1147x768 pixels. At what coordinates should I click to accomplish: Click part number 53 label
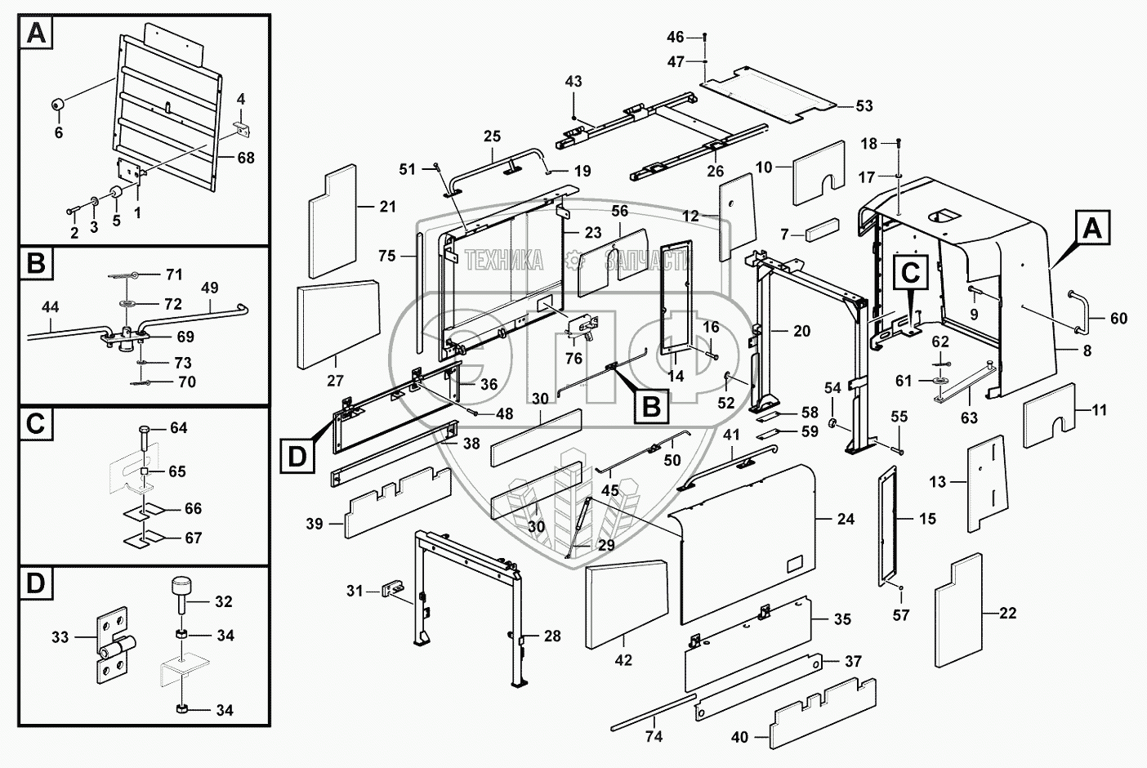(864, 105)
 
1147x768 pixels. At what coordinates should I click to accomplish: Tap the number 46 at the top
(676, 37)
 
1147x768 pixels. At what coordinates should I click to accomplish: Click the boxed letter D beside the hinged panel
(297, 455)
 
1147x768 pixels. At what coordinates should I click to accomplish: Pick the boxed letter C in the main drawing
(912, 271)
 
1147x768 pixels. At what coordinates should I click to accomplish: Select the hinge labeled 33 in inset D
(112, 644)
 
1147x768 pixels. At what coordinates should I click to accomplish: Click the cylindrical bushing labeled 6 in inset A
(60, 105)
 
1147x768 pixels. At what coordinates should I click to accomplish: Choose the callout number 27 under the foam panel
(335, 380)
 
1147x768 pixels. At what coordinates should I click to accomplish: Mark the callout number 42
(623, 660)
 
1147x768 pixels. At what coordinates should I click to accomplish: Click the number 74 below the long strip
(654, 736)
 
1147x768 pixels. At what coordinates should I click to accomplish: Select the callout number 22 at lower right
(1008, 614)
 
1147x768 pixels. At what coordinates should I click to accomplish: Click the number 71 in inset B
(174, 275)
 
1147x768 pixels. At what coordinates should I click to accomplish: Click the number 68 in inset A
(246, 158)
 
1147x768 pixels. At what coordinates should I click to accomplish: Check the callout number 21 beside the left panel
(387, 207)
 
